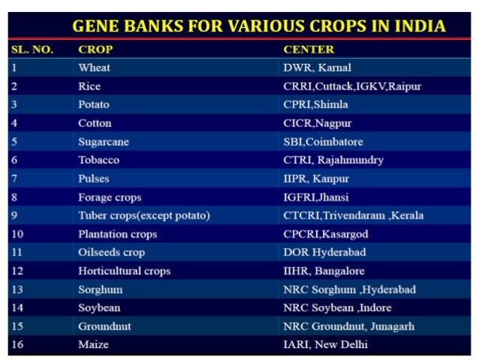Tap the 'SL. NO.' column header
click(x=32, y=50)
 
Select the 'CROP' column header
click(x=95, y=50)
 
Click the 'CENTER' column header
click(x=309, y=50)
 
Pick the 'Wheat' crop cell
click(x=94, y=68)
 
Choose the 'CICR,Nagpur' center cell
click(x=318, y=123)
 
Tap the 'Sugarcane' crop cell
click(x=101, y=142)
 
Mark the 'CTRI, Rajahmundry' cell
click(x=333, y=160)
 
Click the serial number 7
click(x=14, y=179)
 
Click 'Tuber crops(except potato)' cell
click(x=143, y=216)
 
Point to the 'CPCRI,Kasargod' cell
click(x=325, y=234)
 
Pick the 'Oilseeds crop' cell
click(x=111, y=253)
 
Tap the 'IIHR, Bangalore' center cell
click(x=324, y=271)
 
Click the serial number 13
click(x=17, y=289)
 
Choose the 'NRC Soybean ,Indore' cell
click(x=337, y=308)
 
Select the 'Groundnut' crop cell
click(x=104, y=327)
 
